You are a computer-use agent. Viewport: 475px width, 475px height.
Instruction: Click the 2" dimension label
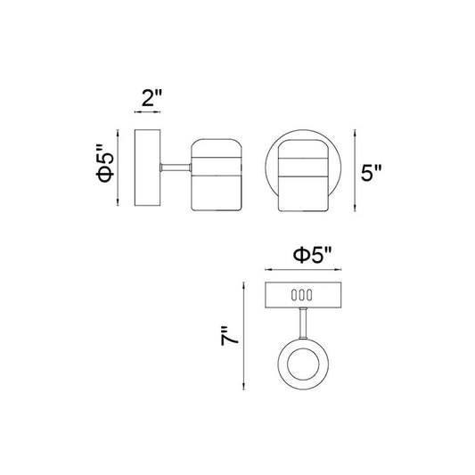click(152, 97)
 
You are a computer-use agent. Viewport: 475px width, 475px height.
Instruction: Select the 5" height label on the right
click(371, 172)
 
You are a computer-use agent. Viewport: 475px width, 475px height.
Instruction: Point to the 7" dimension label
click(229, 336)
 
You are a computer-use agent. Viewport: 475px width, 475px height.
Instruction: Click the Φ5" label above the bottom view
click(313, 256)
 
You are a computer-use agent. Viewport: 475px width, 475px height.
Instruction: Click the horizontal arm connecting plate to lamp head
click(176, 168)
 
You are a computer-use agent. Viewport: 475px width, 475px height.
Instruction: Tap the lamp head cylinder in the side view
click(217, 175)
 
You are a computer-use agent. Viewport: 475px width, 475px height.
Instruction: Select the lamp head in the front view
click(303, 176)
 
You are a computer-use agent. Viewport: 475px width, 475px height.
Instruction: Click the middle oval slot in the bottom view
click(302, 295)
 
